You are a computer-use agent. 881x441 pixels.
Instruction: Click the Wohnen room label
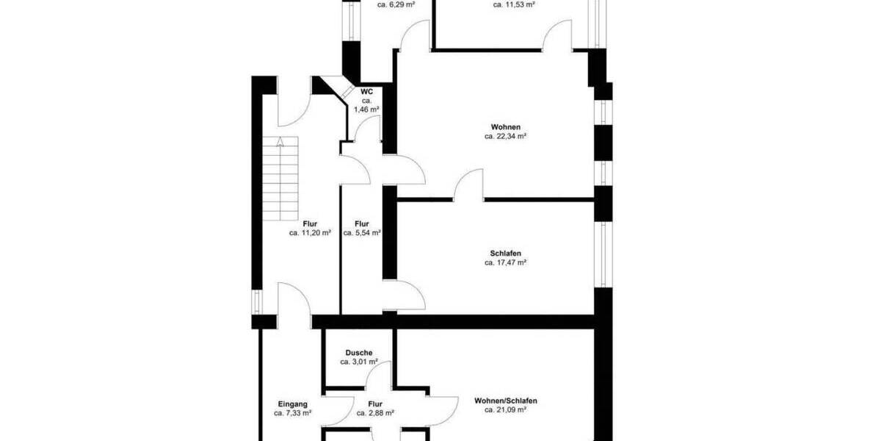click(x=506, y=127)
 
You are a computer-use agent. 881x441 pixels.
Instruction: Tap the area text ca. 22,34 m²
click(x=506, y=137)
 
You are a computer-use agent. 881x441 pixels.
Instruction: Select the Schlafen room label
click(x=506, y=254)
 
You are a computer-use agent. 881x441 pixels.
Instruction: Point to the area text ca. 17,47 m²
click(x=506, y=262)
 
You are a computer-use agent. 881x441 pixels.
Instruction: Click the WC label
click(x=366, y=91)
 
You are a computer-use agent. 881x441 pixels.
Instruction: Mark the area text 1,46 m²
click(x=366, y=110)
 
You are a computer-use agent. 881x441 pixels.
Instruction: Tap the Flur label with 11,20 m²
click(x=310, y=224)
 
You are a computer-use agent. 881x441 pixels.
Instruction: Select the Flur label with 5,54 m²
click(x=361, y=224)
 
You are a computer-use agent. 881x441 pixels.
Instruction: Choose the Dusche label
click(x=359, y=353)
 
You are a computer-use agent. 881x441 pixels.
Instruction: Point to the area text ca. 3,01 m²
click(x=359, y=362)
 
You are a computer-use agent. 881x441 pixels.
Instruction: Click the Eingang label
click(x=292, y=404)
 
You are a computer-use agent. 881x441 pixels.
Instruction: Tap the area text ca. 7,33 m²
click(x=292, y=414)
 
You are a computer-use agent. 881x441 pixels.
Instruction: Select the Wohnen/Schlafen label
click(x=506, y=401)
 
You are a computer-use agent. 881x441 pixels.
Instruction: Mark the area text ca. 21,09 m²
click(x=506, y=410)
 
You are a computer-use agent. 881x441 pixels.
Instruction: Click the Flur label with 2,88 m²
click(x=375, y=404)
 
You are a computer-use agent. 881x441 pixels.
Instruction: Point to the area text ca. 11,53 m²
click(x=514, y=4)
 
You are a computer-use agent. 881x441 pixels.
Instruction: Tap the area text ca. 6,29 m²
click(x=396, y=4)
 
